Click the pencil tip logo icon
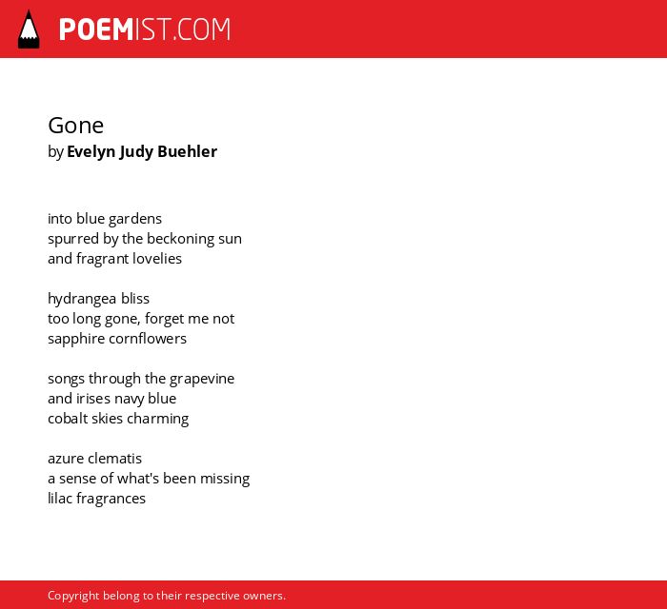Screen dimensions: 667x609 (29, 29)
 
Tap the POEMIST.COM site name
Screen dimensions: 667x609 (145, 29)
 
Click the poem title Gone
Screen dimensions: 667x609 (75, 126)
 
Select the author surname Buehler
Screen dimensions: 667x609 (187, 151)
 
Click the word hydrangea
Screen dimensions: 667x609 (82, 299)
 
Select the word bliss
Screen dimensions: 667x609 (135, 299)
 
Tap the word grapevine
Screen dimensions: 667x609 (202, 379)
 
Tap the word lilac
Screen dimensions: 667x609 (60, 499)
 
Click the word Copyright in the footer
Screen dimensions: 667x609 (73, 596)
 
